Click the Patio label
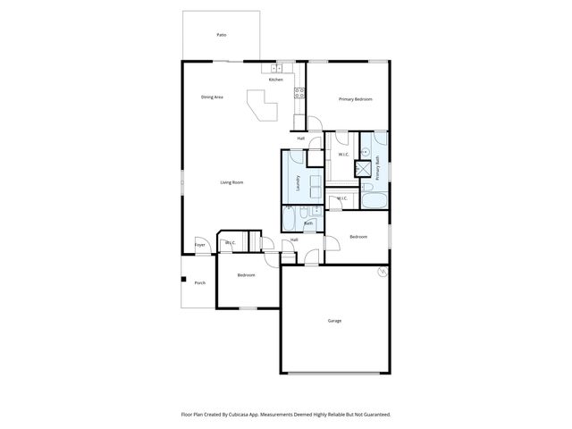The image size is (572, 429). (x=221, y=35)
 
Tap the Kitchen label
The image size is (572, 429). (x=276, y=80)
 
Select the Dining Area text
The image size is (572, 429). (x=212, y=97)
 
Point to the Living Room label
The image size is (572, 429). (x=232, y=182)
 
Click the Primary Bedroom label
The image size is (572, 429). (x=355, y=99)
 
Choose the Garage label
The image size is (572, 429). (x=334, y=320)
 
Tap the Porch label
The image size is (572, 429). (x=200, y=282)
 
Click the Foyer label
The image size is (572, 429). (x=200, y=245)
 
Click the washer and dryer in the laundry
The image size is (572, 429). (x=315, y=186)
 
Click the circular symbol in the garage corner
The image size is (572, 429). (x=383, y=271)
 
